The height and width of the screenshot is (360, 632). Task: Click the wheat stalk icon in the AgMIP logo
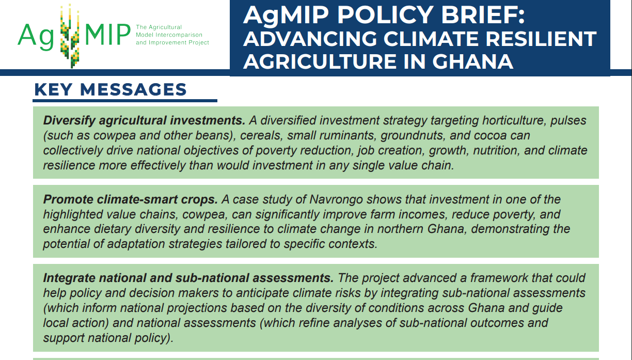(70, 36)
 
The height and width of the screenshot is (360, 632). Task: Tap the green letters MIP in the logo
(108, 35)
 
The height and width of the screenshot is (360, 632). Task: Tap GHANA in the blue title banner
(472, 62)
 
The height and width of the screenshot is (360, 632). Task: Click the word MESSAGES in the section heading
(133, 90)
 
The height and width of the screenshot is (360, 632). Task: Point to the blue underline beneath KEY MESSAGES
(125, 100)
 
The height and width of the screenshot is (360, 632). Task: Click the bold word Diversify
(69, 121)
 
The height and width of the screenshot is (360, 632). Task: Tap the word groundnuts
(414, 136)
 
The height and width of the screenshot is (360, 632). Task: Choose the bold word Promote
(68, 199)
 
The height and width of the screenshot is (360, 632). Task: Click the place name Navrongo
(336, 200)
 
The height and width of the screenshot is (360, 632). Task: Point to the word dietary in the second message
(113, 229)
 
